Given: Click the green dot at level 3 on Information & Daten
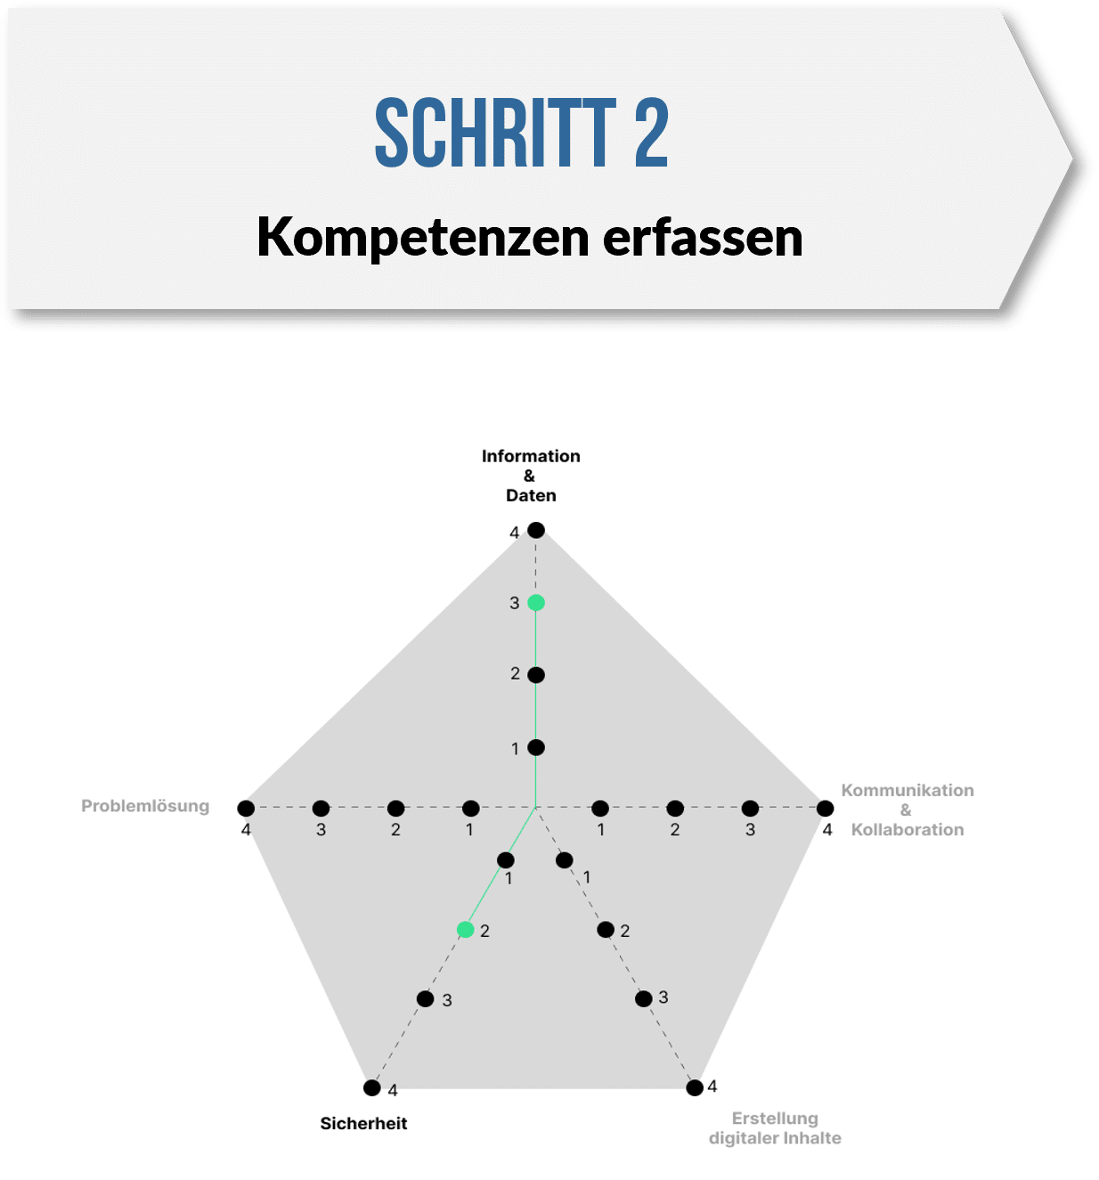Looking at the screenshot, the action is (535, 603).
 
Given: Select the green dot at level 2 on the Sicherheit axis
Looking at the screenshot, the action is (466, 929).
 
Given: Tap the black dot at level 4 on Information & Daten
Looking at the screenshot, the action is (535, 530).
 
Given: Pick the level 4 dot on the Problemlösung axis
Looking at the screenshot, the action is (246, 808).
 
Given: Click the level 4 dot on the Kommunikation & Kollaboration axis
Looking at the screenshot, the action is (825, 808).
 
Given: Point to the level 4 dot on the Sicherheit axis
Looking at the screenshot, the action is (371, 1087).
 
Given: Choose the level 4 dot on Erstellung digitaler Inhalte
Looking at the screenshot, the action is (695, 1087).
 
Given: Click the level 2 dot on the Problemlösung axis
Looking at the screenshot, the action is (395, 808).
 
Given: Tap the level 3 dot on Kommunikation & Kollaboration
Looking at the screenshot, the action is (750, 808).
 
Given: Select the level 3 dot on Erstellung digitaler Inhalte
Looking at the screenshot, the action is (643, 999).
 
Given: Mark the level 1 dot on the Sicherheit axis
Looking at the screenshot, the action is (505, 859).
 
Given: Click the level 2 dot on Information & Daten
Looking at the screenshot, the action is (535, 675).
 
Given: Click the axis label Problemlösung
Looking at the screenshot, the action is (145, 806).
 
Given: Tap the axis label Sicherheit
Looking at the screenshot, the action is (363, 1123).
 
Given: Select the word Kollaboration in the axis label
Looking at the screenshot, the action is (907, 829).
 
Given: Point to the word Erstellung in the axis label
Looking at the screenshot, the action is (775, 1119).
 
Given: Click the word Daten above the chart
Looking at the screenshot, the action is (531, 495).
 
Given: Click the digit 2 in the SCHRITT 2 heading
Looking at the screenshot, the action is (651, 133).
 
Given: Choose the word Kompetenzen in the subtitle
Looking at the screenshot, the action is (423, 238).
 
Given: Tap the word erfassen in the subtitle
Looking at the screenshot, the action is (703, 237).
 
